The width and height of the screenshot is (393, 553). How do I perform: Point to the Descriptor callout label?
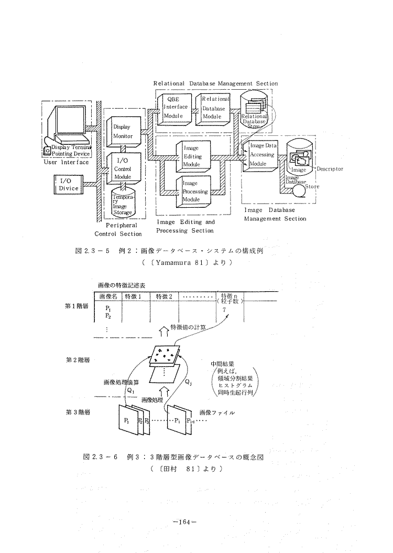click(330, 169)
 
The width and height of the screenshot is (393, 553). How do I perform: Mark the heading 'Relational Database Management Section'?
click(215, 83)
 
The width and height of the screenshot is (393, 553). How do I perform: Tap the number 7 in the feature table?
click(224, 310)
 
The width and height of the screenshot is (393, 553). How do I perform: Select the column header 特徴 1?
click(134, 296)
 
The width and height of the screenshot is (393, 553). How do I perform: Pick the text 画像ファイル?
click(217, 413)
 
